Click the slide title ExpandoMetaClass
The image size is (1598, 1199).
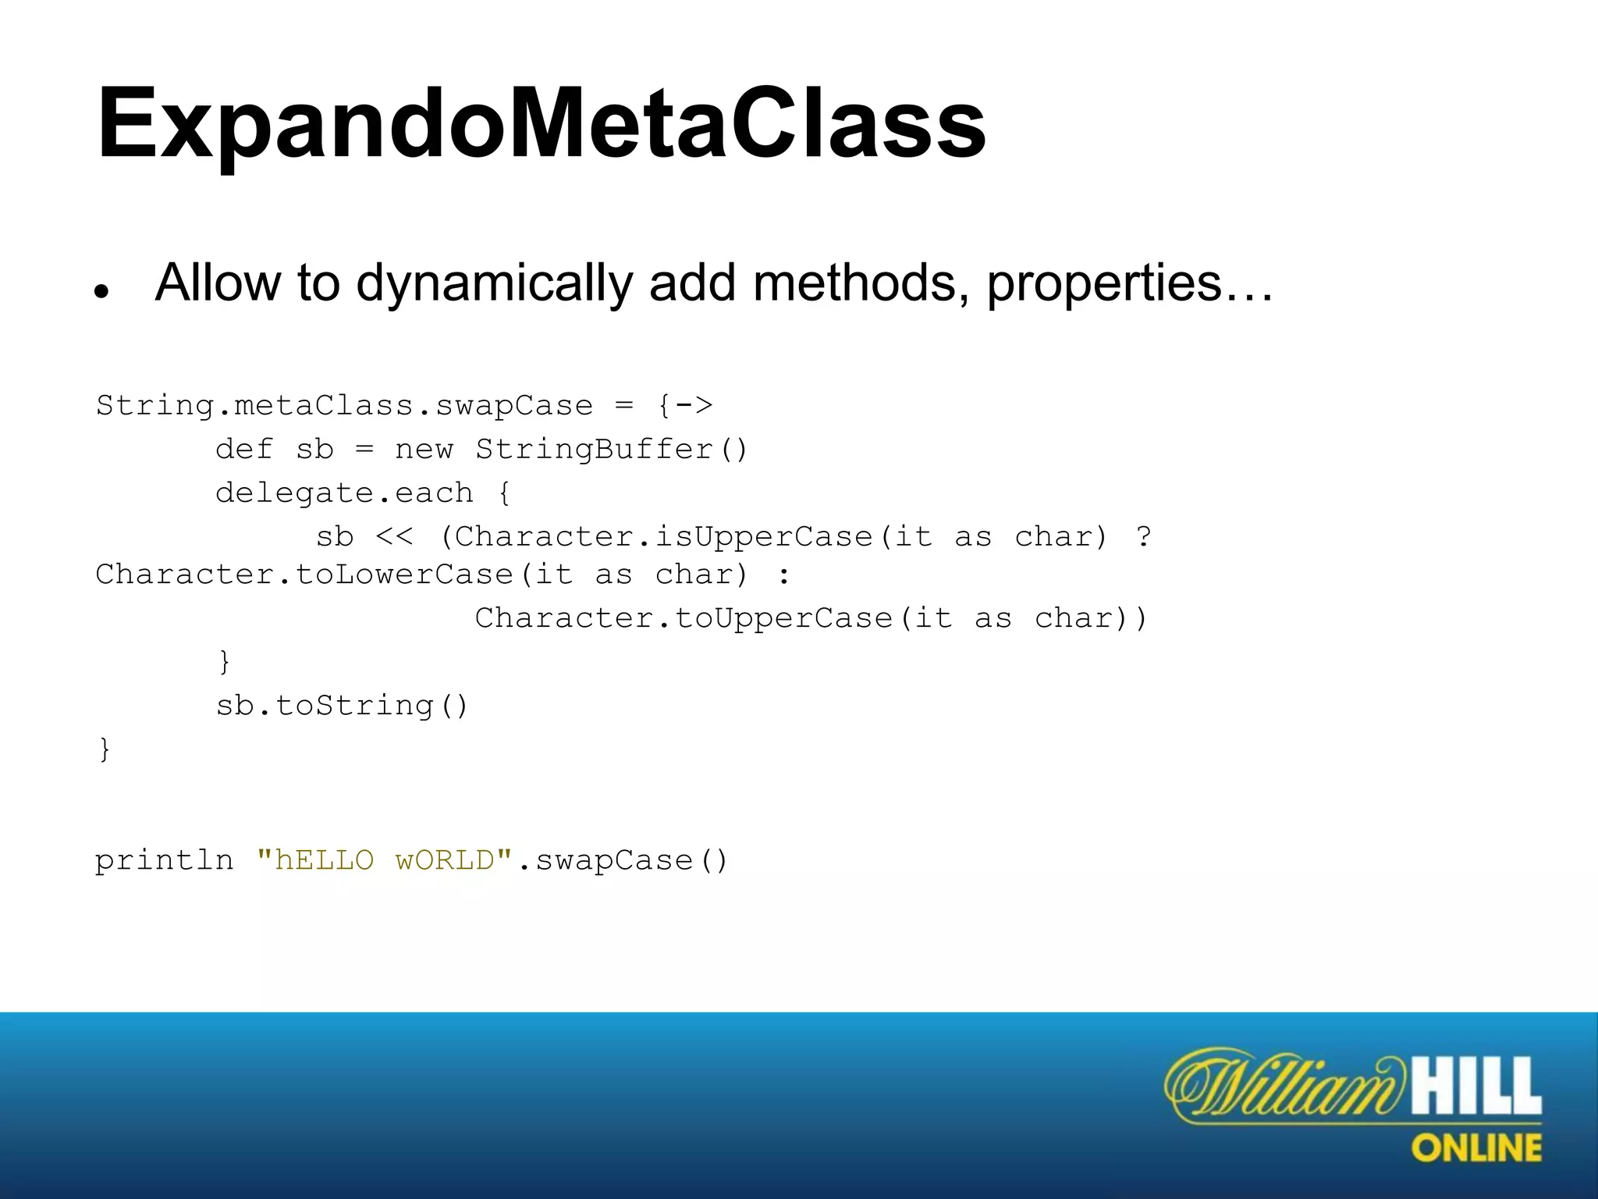pos(541,125)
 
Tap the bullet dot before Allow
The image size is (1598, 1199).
pos(101,292)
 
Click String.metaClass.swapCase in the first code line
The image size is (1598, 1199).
pos(344,406)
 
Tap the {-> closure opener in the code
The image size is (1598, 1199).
pos(685,406)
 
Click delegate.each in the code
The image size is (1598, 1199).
pos(344,493)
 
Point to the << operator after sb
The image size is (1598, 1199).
pos(394,537)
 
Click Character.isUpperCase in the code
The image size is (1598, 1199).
pos(663,537)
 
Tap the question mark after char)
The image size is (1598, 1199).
pos(1143,537)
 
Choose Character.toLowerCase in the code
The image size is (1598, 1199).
pos(304,575)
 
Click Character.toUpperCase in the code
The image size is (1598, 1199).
pos(684,618)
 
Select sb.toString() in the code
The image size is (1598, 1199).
pos(342,706)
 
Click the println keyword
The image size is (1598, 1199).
pos(164,860)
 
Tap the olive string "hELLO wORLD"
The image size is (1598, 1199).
pos(384,860)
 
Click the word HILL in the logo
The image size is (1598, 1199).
pos(1476,1086)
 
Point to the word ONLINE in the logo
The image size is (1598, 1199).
pos(1476,1148)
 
